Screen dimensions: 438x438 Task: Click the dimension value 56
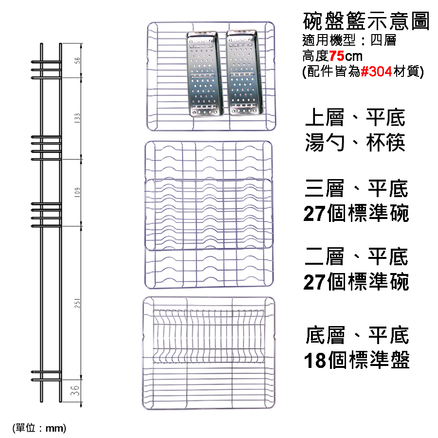pyautogui.click(x=77, y=60)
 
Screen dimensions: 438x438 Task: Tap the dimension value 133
pyautogui.click(x=77, y=118)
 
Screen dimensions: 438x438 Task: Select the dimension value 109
pyautogui.click(x=77, y=192)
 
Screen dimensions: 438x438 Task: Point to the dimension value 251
pyautogui.click(x=77, y=303)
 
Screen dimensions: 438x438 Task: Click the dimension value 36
pyautogui.click(x=75, y=390)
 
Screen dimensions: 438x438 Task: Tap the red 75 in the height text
pyautogui.click(x=337, y=56)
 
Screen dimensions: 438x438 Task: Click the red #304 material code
pyautogui.click(x=376, y=72)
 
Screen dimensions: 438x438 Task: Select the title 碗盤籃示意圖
pyautogui.click(x=366, y=21)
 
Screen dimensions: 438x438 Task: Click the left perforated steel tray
pyautogui.click(x=204, y=73)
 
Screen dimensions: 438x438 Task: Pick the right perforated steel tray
pyautogui.click(x=245, y=73)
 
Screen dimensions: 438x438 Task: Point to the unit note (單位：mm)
pyautogui.click(x=39, y=428)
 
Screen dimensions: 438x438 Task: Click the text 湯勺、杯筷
pyautogui.click(x=355, y=142)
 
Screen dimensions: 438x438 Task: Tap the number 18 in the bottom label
pyautogui.click(x=315, y=360)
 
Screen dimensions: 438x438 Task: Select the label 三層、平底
pyautogui.click(x=356, y=188)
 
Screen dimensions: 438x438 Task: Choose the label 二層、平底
pyautogui.click(x=356, y=256)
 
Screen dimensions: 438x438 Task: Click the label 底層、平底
pyautogui.click(x=357, y=335)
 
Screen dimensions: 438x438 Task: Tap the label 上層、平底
pyautogui.click(x=355, y=118)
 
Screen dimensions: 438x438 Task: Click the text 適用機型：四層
pyautogui.click(x=349, y=40)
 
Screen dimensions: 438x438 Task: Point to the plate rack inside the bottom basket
pyautogui.click(x=209, y=336)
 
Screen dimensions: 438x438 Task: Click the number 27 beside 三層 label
pyautogui.click(x=314, y=214)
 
